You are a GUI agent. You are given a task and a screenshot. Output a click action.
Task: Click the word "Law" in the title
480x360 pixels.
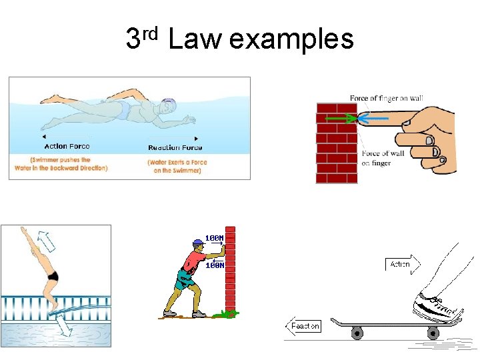tap(194, 40)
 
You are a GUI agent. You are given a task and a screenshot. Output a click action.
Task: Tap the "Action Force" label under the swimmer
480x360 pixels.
tap(67, 146)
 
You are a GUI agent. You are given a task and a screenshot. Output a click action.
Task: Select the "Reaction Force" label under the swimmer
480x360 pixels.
tap(175, 147)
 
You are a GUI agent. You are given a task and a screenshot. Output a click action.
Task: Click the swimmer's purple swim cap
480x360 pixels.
tap(169, 105)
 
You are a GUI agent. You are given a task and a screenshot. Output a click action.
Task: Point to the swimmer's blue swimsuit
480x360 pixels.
tap(122, 110)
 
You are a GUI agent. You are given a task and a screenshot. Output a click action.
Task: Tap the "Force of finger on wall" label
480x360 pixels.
tap(386, 99)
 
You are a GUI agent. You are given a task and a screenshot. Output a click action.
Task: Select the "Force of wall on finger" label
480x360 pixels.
tap(383, 158)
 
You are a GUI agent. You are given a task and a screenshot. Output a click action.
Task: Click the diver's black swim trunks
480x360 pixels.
tap(53, 275)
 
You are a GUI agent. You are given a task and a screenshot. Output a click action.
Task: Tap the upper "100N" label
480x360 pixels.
tap(214, 238)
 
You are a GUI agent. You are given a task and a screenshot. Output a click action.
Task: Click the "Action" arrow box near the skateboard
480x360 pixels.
tap(401, 264)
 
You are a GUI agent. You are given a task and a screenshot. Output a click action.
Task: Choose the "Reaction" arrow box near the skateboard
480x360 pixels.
tap(304, 326)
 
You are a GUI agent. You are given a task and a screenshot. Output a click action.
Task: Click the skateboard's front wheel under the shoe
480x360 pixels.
tap(433, 333)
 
